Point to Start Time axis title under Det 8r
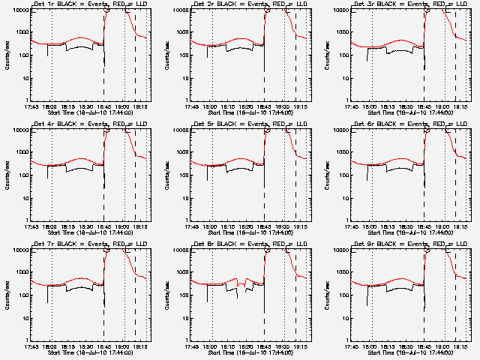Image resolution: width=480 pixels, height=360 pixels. coord(250,353)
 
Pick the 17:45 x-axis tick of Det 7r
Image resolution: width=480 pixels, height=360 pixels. coord(31,346)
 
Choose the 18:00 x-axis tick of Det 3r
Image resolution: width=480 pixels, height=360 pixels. coord(370,106)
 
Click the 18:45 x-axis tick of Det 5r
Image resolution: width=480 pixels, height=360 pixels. coord(265,226)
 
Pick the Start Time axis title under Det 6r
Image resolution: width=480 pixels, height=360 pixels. coord(411,233)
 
